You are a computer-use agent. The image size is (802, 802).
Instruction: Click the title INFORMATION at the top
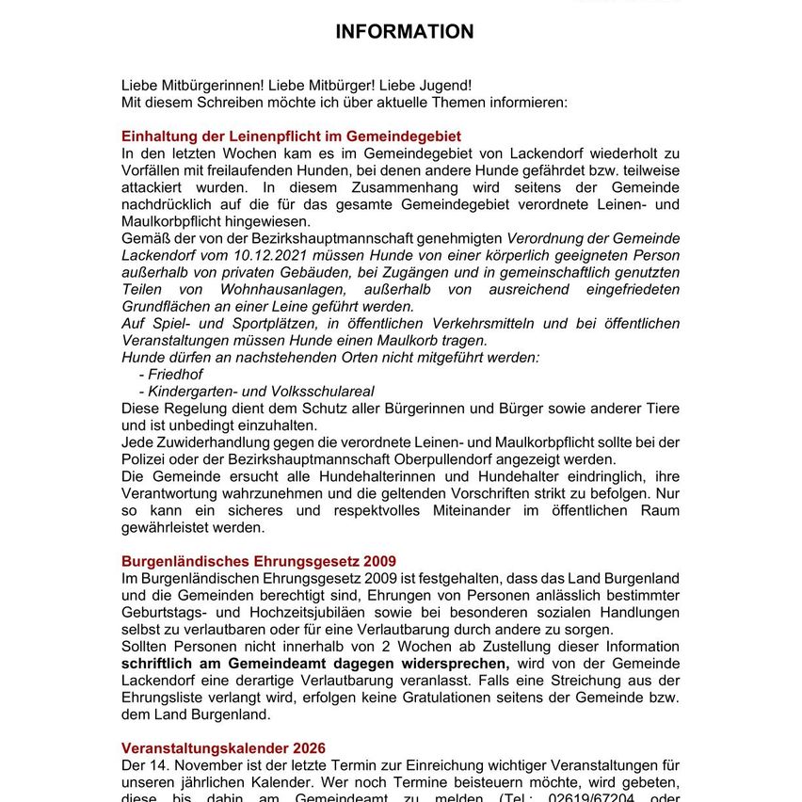pos(405,32)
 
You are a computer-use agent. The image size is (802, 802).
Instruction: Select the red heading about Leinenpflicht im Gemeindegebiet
pos(291,136)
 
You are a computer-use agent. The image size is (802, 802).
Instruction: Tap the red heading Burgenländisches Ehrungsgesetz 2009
pos(259,561)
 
